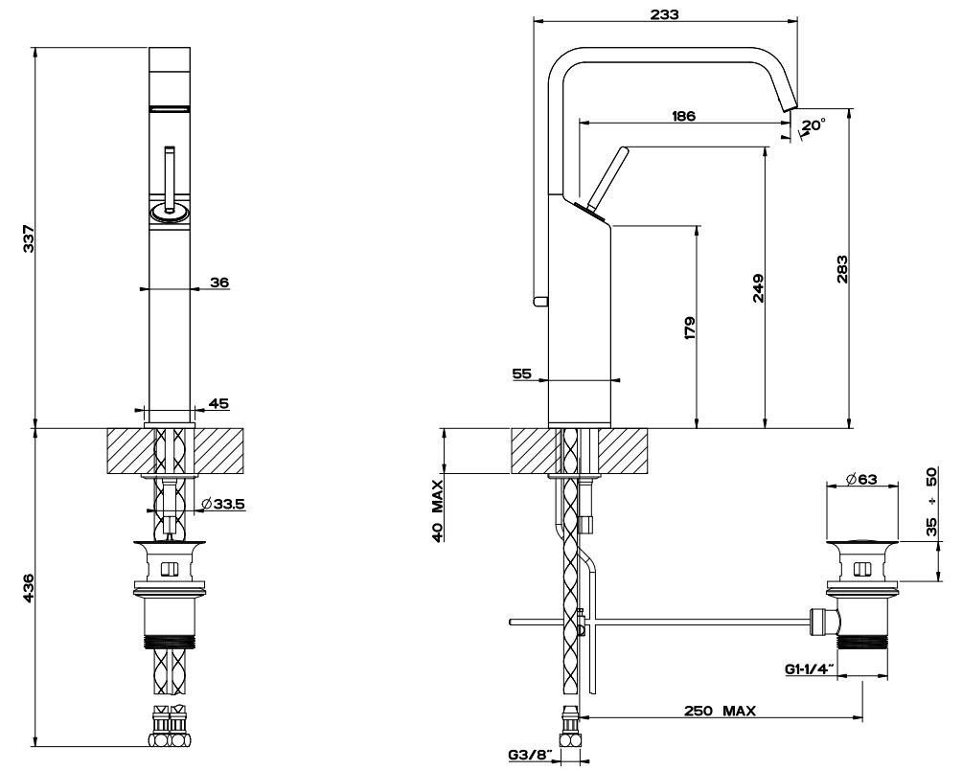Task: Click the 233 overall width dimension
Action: point(664,14)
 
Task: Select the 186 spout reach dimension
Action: point(683,116)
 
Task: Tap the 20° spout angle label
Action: point(813,125)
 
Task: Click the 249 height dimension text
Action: point(757,289)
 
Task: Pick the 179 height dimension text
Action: point(688,328)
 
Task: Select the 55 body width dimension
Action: point(521,374)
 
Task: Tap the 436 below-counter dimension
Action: point(29,587)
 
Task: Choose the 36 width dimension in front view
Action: point(219,282)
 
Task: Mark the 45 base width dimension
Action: point(219,403)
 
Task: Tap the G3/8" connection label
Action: point(529,755)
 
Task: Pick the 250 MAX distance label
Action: point(721,711)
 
